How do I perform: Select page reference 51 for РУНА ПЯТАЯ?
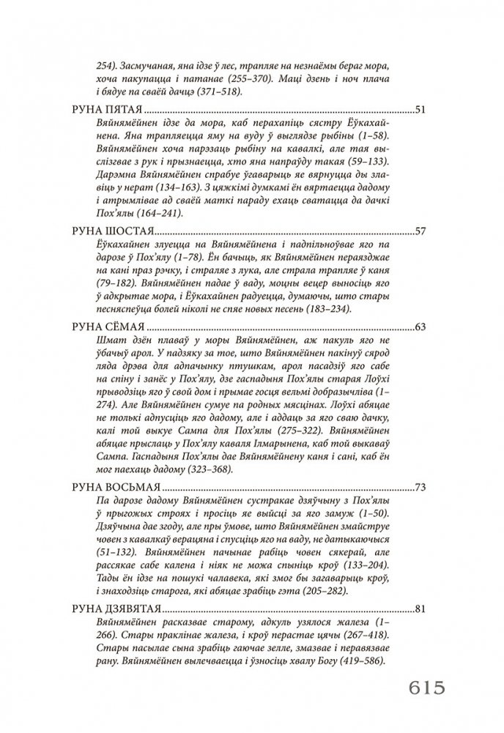[x=420, y=110]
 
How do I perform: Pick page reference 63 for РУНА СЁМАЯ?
[x=420, y=326]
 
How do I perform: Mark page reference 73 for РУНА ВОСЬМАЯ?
[x=420, y=486]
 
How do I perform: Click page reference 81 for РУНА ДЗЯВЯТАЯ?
[x=420, y=607]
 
